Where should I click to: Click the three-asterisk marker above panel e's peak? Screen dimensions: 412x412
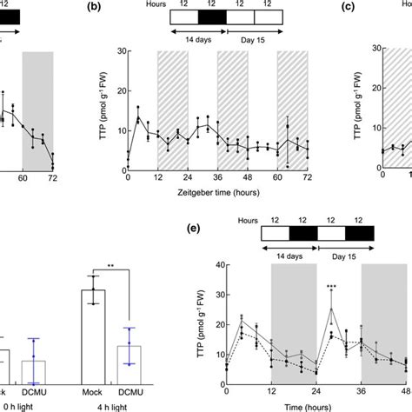331,288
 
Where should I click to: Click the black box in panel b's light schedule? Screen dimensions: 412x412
211,17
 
